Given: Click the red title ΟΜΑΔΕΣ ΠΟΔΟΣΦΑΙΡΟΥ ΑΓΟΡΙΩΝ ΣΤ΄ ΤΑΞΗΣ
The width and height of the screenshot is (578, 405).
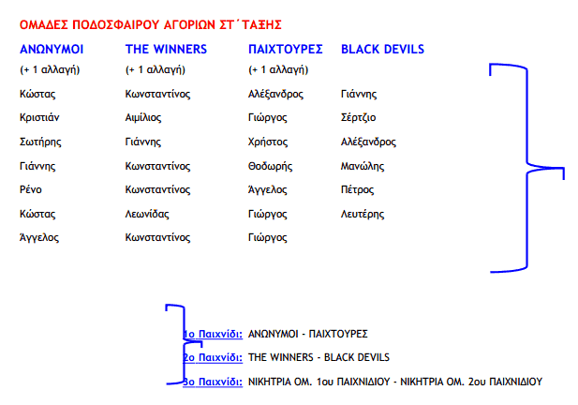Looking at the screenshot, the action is coord(150,24).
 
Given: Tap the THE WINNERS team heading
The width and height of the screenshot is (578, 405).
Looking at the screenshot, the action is coord(166,49).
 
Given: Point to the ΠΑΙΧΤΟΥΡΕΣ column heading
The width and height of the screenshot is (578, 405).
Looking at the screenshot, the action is coord(286,49).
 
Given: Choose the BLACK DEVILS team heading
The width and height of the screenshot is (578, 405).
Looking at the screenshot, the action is coord(382,49).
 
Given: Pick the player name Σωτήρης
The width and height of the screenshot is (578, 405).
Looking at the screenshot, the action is coord(39,142).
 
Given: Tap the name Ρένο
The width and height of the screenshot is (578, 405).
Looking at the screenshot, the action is coord(31,190).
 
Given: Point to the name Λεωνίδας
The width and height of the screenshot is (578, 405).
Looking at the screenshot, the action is coord(146,214).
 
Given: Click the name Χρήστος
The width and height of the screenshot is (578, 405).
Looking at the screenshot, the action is coord(267,142).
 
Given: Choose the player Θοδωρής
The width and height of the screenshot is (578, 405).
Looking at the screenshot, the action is coord(271,166).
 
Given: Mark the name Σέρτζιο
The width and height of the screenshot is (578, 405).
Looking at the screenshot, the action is coord(358,118).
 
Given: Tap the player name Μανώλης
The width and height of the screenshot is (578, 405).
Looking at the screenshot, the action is coord(363,166).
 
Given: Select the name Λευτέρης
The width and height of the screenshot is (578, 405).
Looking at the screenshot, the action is coord(362,214).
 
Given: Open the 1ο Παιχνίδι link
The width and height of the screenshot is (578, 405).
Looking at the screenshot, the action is coord(214,334).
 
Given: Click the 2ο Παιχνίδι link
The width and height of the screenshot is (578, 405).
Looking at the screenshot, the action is coord(214,357).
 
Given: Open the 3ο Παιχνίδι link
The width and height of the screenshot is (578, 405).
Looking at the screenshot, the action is coord(214,382).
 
